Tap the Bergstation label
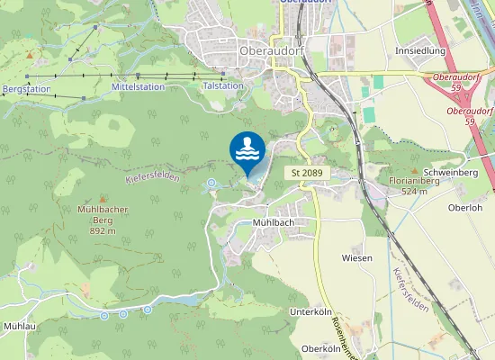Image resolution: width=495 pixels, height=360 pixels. (25, 90)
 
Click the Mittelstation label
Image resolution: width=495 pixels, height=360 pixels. (138, 86)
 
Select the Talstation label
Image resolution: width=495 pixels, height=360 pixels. (223, 85)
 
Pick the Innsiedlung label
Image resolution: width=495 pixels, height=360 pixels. (419, 51)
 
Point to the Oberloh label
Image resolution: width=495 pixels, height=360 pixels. (465, 206)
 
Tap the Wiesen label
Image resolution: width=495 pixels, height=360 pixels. (357, 257)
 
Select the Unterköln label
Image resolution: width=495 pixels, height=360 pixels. (309, 311)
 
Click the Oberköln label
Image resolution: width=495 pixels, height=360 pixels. (320, 348)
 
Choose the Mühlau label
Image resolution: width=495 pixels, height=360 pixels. (19, 326)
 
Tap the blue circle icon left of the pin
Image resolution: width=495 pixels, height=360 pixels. (211, 184)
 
